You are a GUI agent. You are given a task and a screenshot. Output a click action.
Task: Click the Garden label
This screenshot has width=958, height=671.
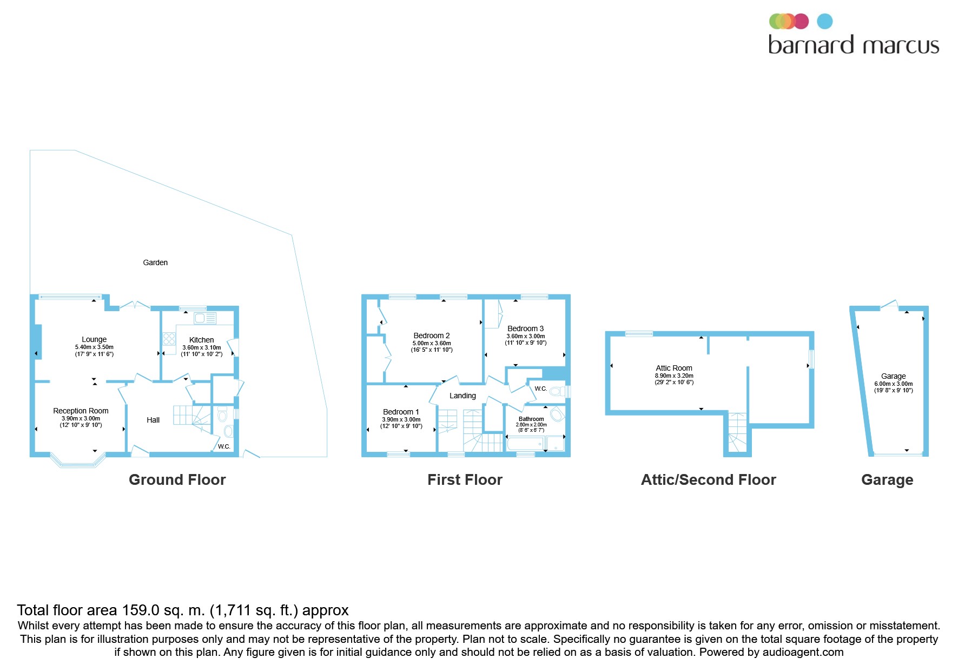(x=155, y=262)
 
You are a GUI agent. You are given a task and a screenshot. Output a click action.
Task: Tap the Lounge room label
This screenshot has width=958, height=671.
(x=94, y=339)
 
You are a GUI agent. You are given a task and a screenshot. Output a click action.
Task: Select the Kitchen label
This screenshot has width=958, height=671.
(x=201, y=340)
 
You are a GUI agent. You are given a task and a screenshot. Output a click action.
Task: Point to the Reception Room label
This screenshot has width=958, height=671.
(x=81, y=411)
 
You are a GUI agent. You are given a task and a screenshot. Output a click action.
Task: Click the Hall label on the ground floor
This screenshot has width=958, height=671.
(x=153, y=420)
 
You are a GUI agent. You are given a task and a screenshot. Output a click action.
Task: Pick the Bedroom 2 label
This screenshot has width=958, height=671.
(x=431, y=335)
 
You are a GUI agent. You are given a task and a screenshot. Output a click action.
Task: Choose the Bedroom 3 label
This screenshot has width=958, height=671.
(x=525, y=328)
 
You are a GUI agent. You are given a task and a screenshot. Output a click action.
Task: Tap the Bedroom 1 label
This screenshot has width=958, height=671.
(x=401, y=412)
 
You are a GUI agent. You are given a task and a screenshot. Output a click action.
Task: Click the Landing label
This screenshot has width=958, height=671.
(x=463, y=396)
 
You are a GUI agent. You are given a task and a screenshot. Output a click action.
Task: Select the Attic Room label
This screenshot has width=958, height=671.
(x=673, y=368)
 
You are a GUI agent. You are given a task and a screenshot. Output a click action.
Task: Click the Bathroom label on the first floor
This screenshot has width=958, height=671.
(x=531, y=419)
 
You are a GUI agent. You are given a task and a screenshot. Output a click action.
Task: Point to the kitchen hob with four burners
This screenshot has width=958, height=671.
(x=169, y=339)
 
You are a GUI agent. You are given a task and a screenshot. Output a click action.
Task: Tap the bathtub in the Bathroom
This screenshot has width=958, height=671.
(x=525, y=444)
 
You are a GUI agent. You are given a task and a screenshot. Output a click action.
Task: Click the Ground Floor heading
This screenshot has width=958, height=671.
(x=177, y=480)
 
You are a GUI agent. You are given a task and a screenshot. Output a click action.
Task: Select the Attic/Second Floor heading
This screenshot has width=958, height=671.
(x=708, y=480)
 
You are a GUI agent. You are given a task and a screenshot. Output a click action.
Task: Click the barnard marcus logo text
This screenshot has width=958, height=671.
(x=853, y=45)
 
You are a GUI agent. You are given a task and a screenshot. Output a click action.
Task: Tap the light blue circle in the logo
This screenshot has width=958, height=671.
(x=824, y=21)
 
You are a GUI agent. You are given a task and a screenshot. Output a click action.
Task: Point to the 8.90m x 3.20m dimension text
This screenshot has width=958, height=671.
(x=673, y=376)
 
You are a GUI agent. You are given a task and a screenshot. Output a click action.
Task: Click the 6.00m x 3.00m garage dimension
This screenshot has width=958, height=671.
(x=893, y=384)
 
